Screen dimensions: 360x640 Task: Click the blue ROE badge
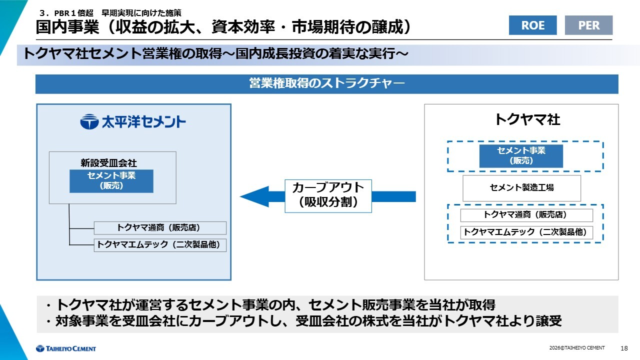[x=532, y=25]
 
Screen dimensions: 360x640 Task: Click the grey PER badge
[x=588, y=25]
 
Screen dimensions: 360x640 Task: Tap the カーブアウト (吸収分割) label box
[x=328, y=195]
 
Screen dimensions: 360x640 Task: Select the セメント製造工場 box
[x=521, y=187]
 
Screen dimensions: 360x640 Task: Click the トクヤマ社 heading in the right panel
[x=527, y=119]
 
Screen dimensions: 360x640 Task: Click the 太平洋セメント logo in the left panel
[x=133, y=121]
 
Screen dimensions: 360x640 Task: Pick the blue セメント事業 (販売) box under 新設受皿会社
[x=111, y=181]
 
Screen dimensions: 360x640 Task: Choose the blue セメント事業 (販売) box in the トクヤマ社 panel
[x=521, y=156]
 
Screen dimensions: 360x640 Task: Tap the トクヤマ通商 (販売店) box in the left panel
[x=160, y=227]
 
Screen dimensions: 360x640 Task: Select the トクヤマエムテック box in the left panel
[x=160, y=245]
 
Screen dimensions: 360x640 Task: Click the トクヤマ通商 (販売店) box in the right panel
[x=526, y=215]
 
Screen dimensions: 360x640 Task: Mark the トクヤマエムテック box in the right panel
[x=526, y=232]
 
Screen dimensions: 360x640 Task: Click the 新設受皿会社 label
[x=108, y=163]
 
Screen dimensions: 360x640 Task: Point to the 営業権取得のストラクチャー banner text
[x=326, y=83]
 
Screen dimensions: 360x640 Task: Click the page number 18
[x=623, y=348]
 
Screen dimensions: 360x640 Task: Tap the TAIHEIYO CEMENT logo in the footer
[x=65, y=348]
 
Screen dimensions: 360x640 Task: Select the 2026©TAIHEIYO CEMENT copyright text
[x=576, y=348]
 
